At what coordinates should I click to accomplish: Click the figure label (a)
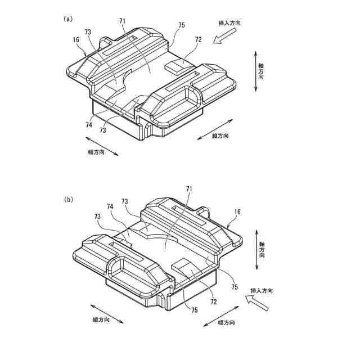pyautogui.click(x=68, y=19)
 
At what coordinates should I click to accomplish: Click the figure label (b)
pyautogui.click(x=68, y=199)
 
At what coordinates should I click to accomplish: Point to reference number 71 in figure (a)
pyautogui.click(x=123, y=21)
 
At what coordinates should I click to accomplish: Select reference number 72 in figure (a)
pyautogui.click(x=198, y=40)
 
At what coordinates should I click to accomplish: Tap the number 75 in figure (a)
pyautogui.click(x=181, y=25)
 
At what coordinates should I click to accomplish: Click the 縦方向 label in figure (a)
pyautogui.click(x=220, y=136)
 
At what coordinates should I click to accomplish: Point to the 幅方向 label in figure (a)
pyautogui.click(x=96, y=152)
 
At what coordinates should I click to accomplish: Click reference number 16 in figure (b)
pyautogui.click(x=237, y=211)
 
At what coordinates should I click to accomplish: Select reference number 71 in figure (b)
pyautogui.click(x=190, y=190)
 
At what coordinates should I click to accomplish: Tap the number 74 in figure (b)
pyautogui.click(x=110, y=207)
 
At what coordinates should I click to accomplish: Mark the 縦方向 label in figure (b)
pyautogui.click(x=101, y=319)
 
